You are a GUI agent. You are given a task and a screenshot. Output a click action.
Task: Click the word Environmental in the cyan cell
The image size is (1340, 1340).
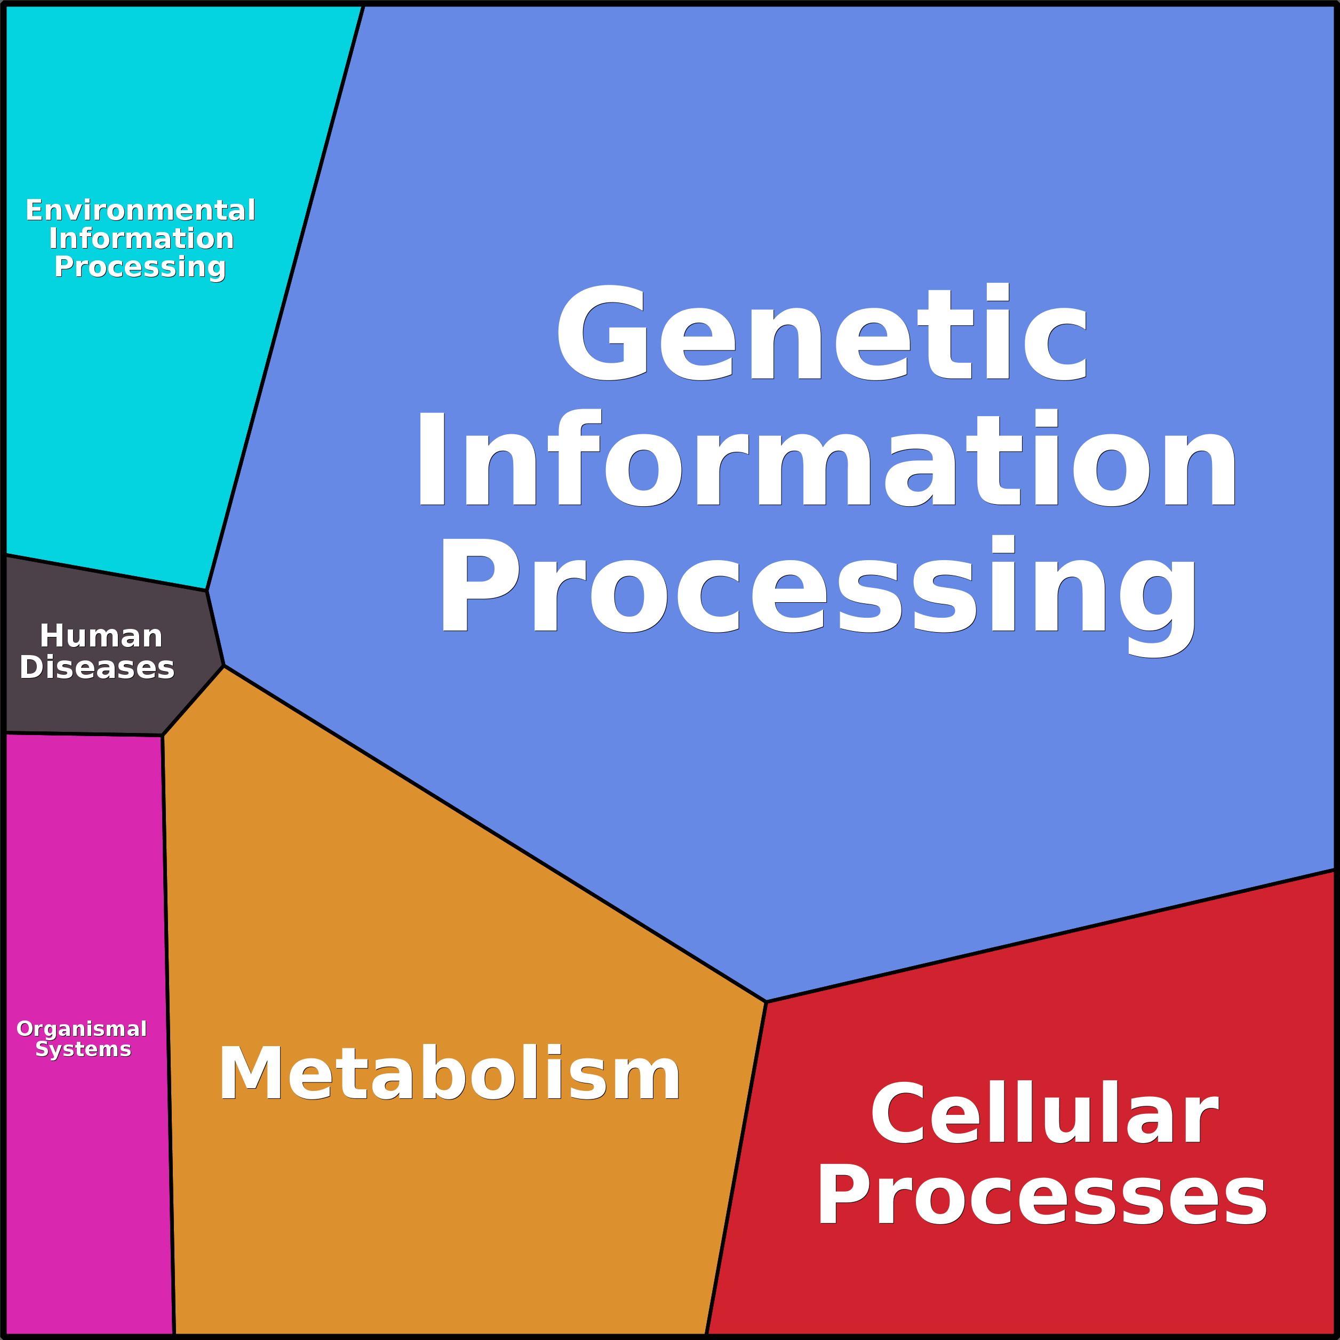pos(141,210)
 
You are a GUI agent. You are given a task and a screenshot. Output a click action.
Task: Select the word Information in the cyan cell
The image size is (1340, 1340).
pos(141,238)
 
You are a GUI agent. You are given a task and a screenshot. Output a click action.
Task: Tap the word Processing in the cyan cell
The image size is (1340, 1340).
pos(140,268)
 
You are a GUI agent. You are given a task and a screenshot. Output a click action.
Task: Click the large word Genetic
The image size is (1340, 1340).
pos(822,332)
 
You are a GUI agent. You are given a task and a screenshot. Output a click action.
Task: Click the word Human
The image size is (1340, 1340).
pos(101,636)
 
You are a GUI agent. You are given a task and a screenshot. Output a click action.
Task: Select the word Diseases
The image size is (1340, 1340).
pos(97,667)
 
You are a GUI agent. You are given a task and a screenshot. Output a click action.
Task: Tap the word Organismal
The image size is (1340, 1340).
pos(82,1028)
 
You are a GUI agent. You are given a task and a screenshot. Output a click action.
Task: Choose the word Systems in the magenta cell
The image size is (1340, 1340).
pos(83,1049)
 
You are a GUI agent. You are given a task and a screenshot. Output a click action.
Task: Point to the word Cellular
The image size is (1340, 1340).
pos(1044,1113)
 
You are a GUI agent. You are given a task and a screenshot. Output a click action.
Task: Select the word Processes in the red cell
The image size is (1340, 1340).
pos(1042,1195)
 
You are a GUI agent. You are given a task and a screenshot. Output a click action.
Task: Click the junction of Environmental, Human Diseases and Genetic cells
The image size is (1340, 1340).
pos(206,591)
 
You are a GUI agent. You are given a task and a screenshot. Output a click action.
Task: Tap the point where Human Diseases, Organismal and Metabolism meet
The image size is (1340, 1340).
pos(162,735)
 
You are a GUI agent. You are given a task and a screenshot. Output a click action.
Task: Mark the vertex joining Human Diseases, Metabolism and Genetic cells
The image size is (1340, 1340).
pos(224,666)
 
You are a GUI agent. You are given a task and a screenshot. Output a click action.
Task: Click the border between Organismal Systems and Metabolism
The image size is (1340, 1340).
pos(168,1035)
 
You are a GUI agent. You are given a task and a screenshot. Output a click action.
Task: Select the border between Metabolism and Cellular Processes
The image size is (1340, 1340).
pos(736,1168)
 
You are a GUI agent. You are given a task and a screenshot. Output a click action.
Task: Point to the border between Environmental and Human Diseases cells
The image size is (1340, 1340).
pos(106,573)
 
